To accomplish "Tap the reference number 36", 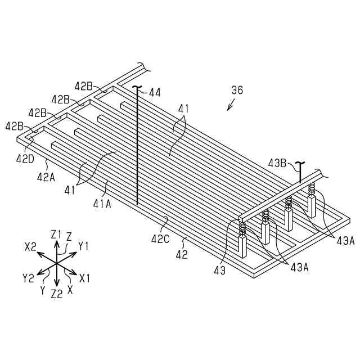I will (238, 90).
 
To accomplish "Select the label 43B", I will (277, 164).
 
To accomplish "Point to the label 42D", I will (25, 159).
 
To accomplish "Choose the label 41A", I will (102, 204).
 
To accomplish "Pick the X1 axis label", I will (85, 278).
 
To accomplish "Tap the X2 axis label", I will (31, 246).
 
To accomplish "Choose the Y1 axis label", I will (84, 246).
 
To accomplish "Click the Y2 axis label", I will (28, 277).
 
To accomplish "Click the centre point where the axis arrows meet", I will (56, 263).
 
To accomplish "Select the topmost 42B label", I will (84, 85).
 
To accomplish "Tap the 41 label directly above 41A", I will (70, 190).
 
